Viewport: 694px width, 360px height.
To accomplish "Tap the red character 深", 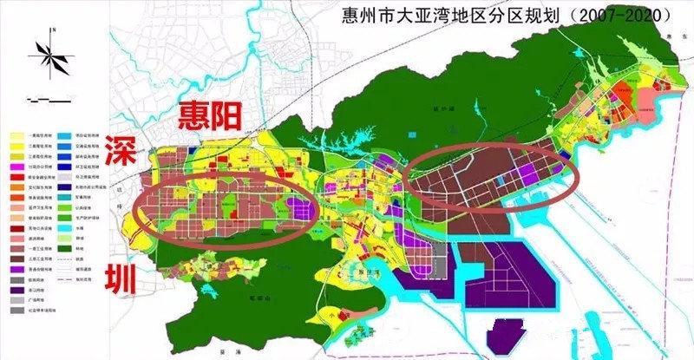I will click(x=120, y=154).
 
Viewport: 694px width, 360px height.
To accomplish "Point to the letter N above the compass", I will click(x=53, y=29).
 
